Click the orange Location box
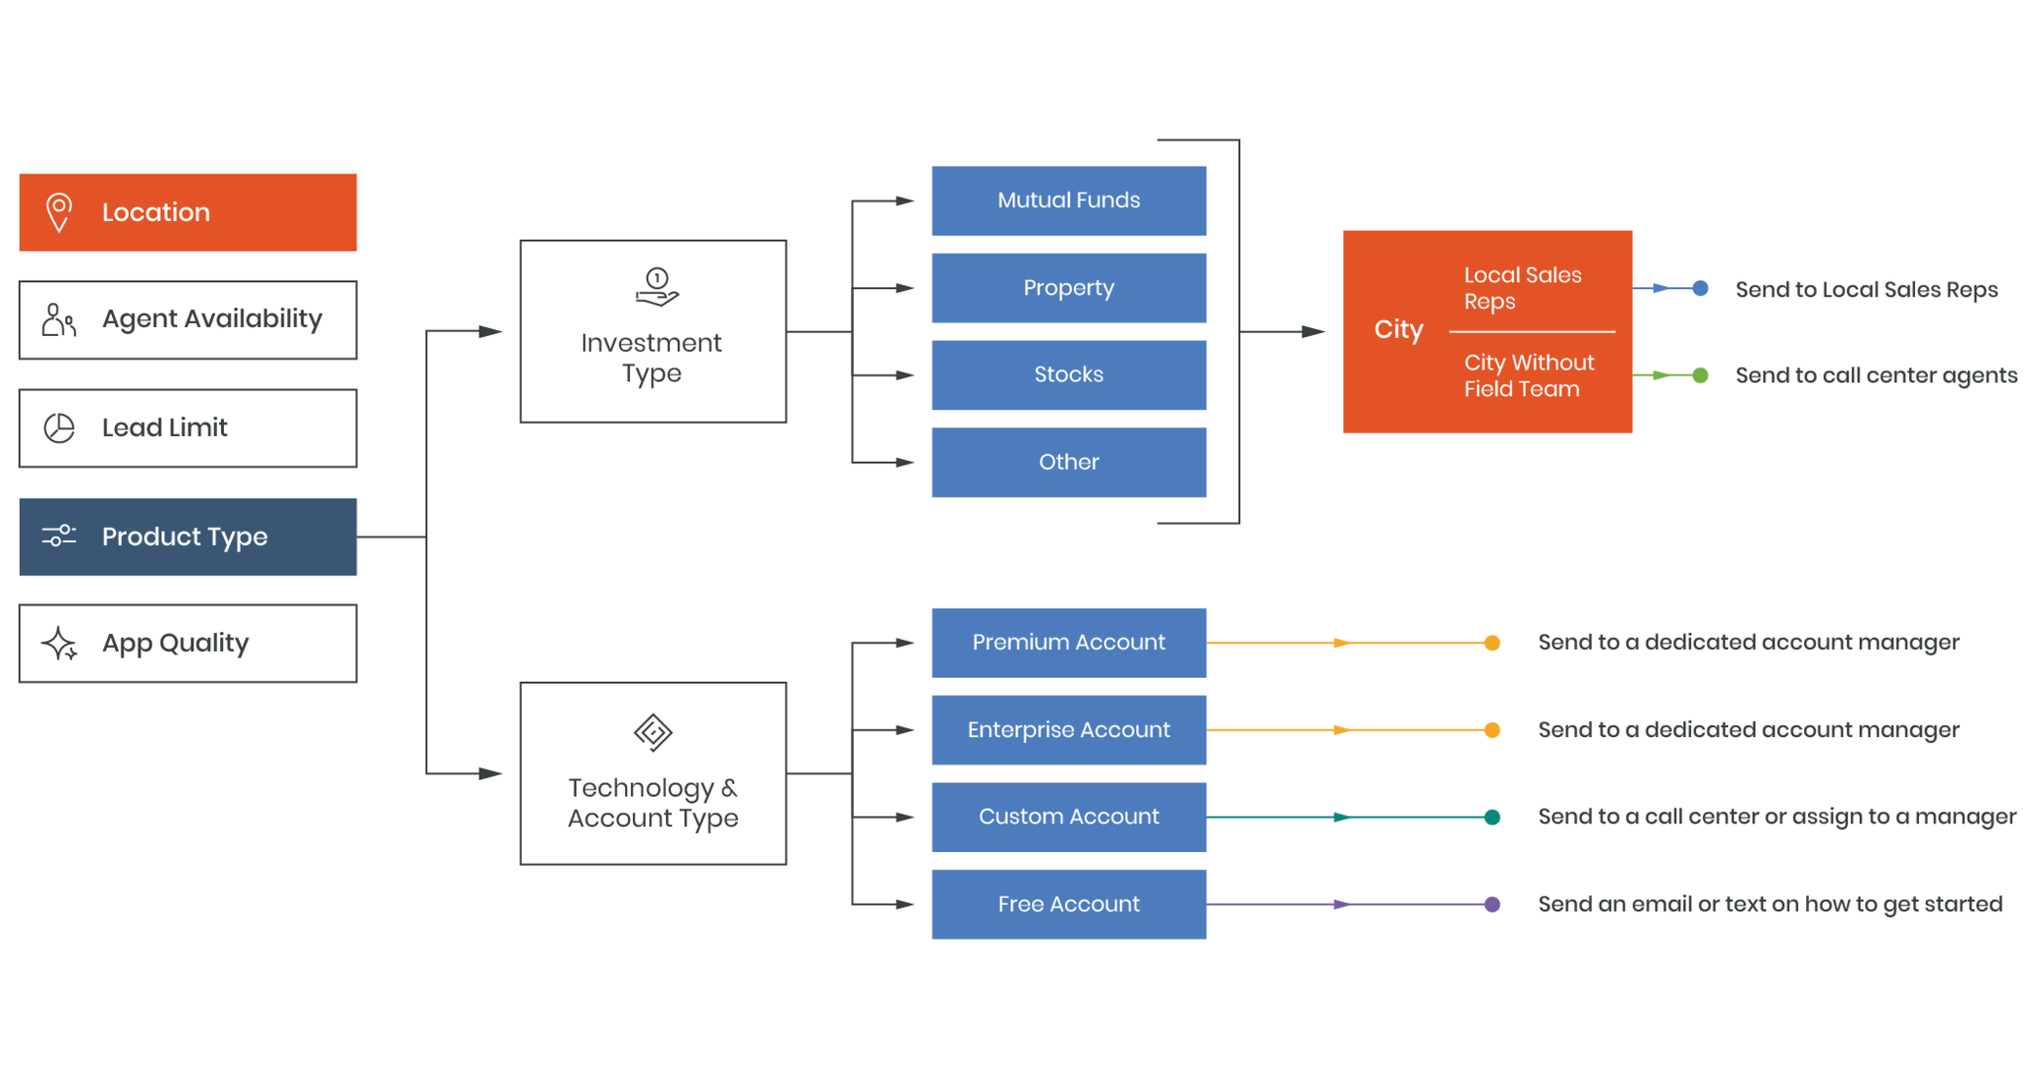(x=187, y=212)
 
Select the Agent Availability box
(x=187, y=319)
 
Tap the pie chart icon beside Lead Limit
(x=59, y=428)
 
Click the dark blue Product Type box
(x=187, y=536)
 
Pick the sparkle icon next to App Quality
(x=59, y=644)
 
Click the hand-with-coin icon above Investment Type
(x=656, y=287)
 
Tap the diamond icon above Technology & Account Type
(x=653, y=733)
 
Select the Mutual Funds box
(x=1068, y=200)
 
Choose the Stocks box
(x=1068, y=375)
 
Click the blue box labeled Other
(x=1068, y=462)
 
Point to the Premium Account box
(x=1068, y=642)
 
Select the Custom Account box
(x=1068, y=816)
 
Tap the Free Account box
(x=1068, y=904)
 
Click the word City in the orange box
(x=1398, y=329)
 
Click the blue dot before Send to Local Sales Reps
(x=1700, y=288)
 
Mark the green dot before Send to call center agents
(x=1700, y=376)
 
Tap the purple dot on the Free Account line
(x=1492, y=905)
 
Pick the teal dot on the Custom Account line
(x=1492, y=817)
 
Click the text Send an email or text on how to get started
(x=1769, y=904)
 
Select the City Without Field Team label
(x=1528, y=376)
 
